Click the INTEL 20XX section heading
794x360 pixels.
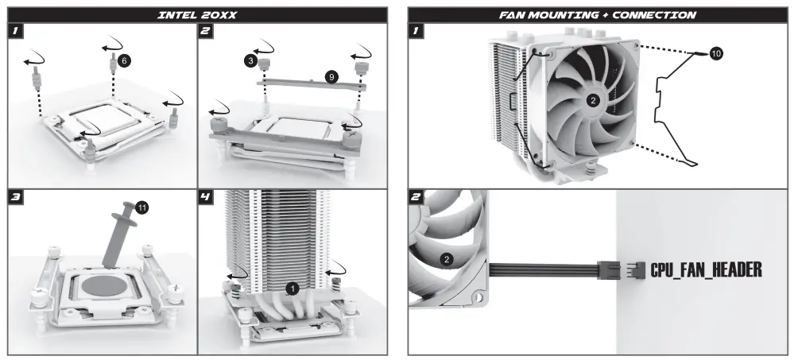(x=198, y=14)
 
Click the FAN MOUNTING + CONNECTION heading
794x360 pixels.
(x=598, y=14)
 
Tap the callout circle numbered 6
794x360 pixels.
(x=123, y=60)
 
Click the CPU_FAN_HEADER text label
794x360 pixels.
(x=706, y=270)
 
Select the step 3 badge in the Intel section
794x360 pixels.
(x=17, y=197)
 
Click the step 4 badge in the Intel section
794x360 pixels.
(x=206, y=197)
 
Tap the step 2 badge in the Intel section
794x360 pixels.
(x=206, y=32)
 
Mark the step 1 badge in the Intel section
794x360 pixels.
(x=17, y=32)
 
